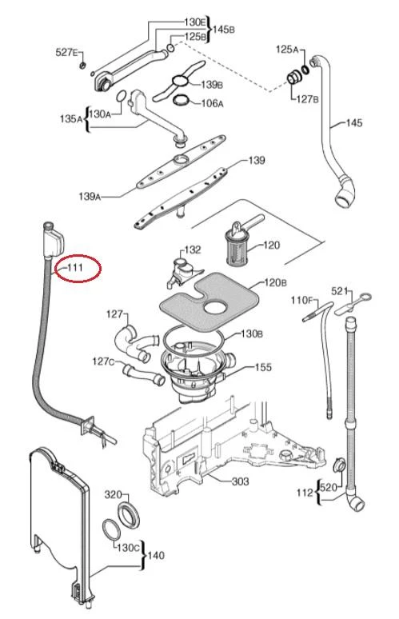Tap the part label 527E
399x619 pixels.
pyautogui.click(x=66, y=52)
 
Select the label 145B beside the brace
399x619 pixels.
pyautogui.click(x=224, y=30)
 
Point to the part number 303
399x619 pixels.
pyautogui.click(x=240, y=481)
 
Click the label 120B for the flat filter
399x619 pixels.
pyautogui.click(x=275, y=282)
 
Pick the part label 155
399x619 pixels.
pyautogui.click(x=263, y=367)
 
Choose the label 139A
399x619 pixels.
pyautogui.click(x=90, y=196)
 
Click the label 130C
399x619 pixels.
pyautogui.click(x=128, y=548)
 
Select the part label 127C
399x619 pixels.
pyautogui.click(x=103, y=361)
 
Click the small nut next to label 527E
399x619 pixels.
pyautogui.click(x=83, y=64)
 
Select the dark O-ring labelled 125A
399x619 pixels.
pyautogui.click(x=305, y=70)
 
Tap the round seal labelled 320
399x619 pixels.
pyautogui.click(x=129, y=515)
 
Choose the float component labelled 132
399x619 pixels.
pyautogui.click(x=182, y=273)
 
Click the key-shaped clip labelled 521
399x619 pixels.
pyautogui.click(x=353, y=303)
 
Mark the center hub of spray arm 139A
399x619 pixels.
pyautogui.click(x=182, y=159)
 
